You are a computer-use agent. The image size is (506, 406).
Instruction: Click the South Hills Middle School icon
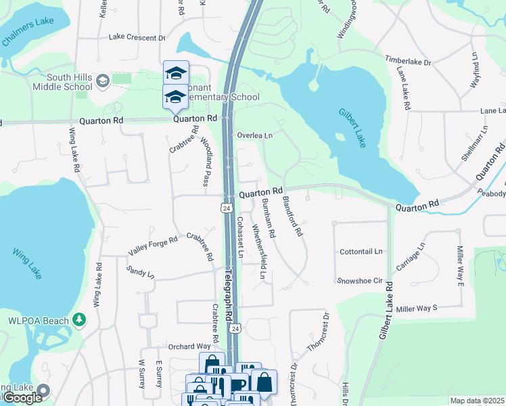(102, 82)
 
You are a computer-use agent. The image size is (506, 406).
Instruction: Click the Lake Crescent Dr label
(137, 38)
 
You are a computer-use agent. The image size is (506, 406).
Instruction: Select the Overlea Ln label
(254, 135)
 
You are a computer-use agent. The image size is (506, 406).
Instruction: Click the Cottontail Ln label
(361, 251)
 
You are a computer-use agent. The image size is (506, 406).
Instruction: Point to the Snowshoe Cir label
(360, 280)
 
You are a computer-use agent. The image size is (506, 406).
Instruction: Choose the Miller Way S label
(417, 308)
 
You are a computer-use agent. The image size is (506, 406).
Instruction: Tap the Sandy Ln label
(140, 273)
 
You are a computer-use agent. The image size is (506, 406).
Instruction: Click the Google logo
(22, 397)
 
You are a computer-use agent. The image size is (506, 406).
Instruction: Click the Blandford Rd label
(292, 216)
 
